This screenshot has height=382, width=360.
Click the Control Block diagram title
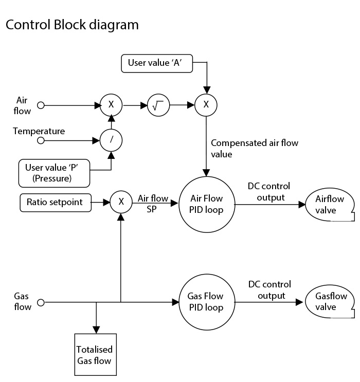pos(71,25)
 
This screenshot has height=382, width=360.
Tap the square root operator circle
pos(158,105)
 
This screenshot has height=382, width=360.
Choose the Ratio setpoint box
pos(55,202)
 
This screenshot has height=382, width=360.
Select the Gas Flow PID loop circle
pos(206,302)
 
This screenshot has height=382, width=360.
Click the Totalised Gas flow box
pos(94,355)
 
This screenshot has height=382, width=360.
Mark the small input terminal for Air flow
pos(41,105)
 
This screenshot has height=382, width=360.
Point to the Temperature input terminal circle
pos(41,140)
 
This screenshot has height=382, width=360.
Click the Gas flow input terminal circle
pos(41,302)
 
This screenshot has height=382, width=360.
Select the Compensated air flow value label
pos(254,148)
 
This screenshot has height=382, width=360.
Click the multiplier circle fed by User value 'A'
pos(206,105)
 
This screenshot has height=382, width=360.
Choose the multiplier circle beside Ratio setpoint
pos(121,202)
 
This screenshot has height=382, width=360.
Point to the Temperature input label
pos(39,131)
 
